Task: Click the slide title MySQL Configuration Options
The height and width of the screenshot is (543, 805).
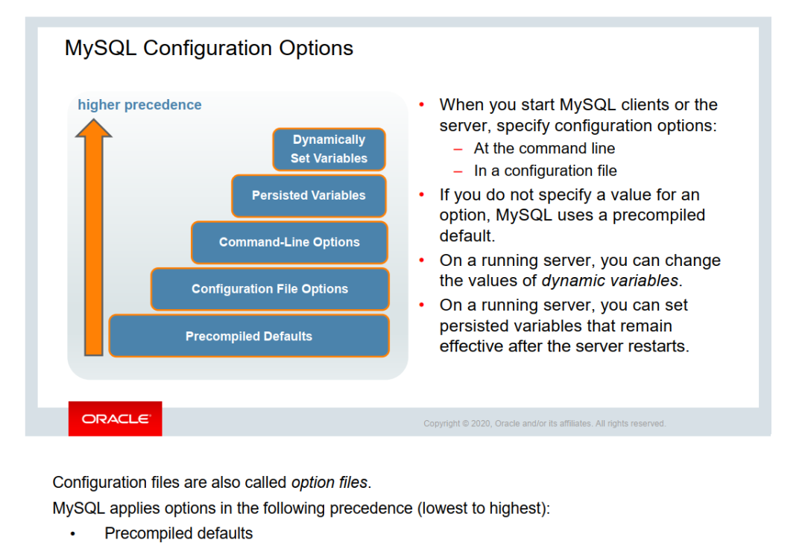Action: [x=209, y=48]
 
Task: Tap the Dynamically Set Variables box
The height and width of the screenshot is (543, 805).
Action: [x=329, y=149]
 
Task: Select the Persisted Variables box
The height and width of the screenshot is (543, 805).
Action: [x=309, y=195]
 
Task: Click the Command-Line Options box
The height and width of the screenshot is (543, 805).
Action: [x=289, y=242]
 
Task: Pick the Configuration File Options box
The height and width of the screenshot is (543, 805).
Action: [x=270, y=289]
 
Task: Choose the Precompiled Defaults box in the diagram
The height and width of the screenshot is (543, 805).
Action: [x=249, y=336]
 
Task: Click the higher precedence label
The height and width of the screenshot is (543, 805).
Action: [x=139, y=105]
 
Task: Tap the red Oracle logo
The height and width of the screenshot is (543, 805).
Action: [x=115, y=419]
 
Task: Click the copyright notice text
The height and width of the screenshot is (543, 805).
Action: [x=544, y=423]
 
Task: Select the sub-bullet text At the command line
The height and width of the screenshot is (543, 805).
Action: [x=544, y=148]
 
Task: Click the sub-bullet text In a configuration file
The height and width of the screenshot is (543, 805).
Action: [x=545, y=171]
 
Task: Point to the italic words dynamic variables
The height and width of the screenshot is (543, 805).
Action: [x=610, y=281]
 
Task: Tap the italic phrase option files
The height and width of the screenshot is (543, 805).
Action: [x=329, y=483]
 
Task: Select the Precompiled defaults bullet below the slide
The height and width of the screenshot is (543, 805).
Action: [x=178, y=533]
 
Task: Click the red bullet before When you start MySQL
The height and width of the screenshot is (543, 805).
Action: [x=423, y=104]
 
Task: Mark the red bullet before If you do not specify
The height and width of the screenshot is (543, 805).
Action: [x=423, y=194]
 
